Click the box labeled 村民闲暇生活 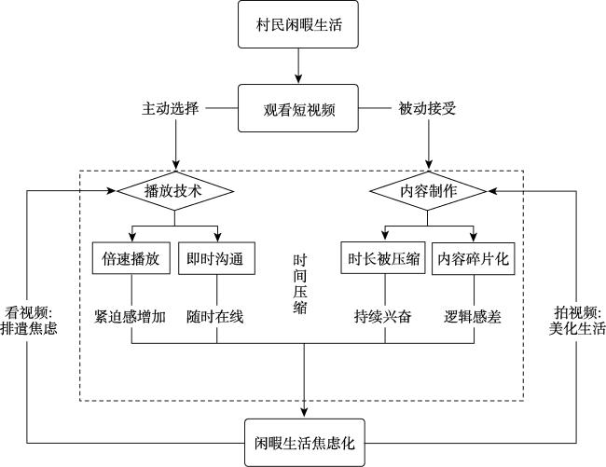pyautogui.click(x=298, y=24)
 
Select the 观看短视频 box pyautogui.click(x=298, y=108)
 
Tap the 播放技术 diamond pyautogui.click(x=175, y=191)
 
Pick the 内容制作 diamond pyautogui.click(x=428, y=191)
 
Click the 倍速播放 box pyautogui.click(x=131, y=258)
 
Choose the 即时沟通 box pyautogui.click(x=216, y=258)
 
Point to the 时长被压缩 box pyautogui.click(x=383, y=258)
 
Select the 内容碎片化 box pyautogui.click(x=473, y=258)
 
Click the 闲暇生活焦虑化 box pyautogui.click(x=305, y=443)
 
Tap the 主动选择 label pyautogui.click(x=170, y=108)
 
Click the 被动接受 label pyautogui.click(x=427, y=108)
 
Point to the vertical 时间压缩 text pyautogui.click(x=300, y=284)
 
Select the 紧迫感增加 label pyautogui.click(x=131, y=317)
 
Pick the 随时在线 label pyautogui.click(x=214, y=317)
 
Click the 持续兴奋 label pyautogui.click(x=383, y=317)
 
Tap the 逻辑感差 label pyautogui.click(x=473, y=317)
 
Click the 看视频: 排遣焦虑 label pyautogui.click(x=29, y=321)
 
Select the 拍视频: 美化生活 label pyautogui.click(x=577, y=321)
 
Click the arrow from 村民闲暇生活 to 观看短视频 pyautogui.click(x=298, y=66)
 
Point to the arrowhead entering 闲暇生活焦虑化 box pyautogui.click(x=304, y=413)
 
